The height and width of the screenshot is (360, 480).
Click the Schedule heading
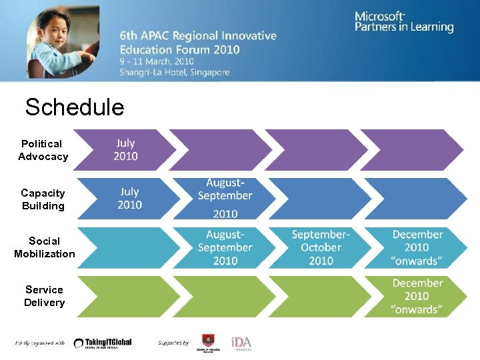(x=74, y=107)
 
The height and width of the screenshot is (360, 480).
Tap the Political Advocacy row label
(x=43, y=150)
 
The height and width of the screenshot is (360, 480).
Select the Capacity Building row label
(x=43, y=199)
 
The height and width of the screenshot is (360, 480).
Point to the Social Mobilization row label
(x=44, y=247)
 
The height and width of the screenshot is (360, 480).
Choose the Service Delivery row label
(x=44, y=296)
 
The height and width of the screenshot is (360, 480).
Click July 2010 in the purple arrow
(x=125, y=150)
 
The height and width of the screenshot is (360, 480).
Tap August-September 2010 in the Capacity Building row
(x=225, y=198)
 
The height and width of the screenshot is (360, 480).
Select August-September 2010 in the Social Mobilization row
(x=225, y=247)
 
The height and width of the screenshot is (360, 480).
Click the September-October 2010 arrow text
(x=321, y=247)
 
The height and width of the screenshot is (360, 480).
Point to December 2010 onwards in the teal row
(x=417, y=247)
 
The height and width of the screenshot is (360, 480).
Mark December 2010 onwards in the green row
(x=417, y=296)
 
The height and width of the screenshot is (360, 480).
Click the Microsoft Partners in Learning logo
(x=403, y=22)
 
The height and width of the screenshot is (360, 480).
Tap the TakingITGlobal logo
(x=103, y=343)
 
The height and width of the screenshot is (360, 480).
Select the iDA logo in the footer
(x=241, y=343)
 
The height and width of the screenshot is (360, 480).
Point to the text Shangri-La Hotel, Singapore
(x=175, y=72)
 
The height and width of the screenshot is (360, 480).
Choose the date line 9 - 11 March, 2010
(x=165, y=61)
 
